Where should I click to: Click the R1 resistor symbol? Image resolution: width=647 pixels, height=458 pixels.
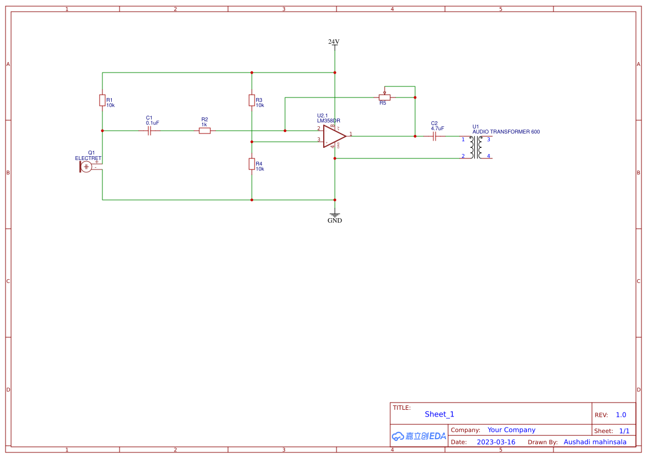(x=102, y=100)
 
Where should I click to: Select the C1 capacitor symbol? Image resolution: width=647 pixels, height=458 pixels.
(x=149, y=131)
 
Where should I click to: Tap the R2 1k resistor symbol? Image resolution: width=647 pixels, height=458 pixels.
(x=205, y=131)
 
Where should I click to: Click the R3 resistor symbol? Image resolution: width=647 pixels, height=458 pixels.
(x=252, y=100)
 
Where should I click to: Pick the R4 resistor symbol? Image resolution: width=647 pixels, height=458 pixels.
(x=252, y=164)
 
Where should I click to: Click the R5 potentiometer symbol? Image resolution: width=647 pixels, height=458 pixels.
(x=385, y=97)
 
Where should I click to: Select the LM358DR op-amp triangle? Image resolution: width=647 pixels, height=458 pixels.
(x=334, y=136)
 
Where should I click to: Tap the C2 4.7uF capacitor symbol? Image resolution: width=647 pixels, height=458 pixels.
(x=434, y=136)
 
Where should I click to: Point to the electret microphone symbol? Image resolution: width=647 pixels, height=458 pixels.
(x=86, y=166)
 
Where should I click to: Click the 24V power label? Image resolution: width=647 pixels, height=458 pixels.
(x=334, y=42)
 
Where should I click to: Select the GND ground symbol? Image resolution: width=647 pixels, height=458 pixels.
(x=335, y=214)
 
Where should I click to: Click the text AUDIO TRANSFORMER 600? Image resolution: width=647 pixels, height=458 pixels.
(x=506, y=132)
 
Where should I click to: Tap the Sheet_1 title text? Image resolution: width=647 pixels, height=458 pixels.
(x=439, y=414)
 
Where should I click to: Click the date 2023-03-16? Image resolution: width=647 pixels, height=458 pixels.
(x=496, y=442)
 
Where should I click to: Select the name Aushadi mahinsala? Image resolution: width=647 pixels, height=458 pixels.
(x=595, y=442)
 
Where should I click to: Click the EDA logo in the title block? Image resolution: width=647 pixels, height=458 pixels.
(x=419, y=436)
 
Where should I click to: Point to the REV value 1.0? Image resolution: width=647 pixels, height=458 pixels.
(x=621, y=415)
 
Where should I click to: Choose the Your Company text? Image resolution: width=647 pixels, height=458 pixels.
(x=511, y=430)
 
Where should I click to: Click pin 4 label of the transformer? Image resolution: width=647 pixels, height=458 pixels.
(x=488, y=156)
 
